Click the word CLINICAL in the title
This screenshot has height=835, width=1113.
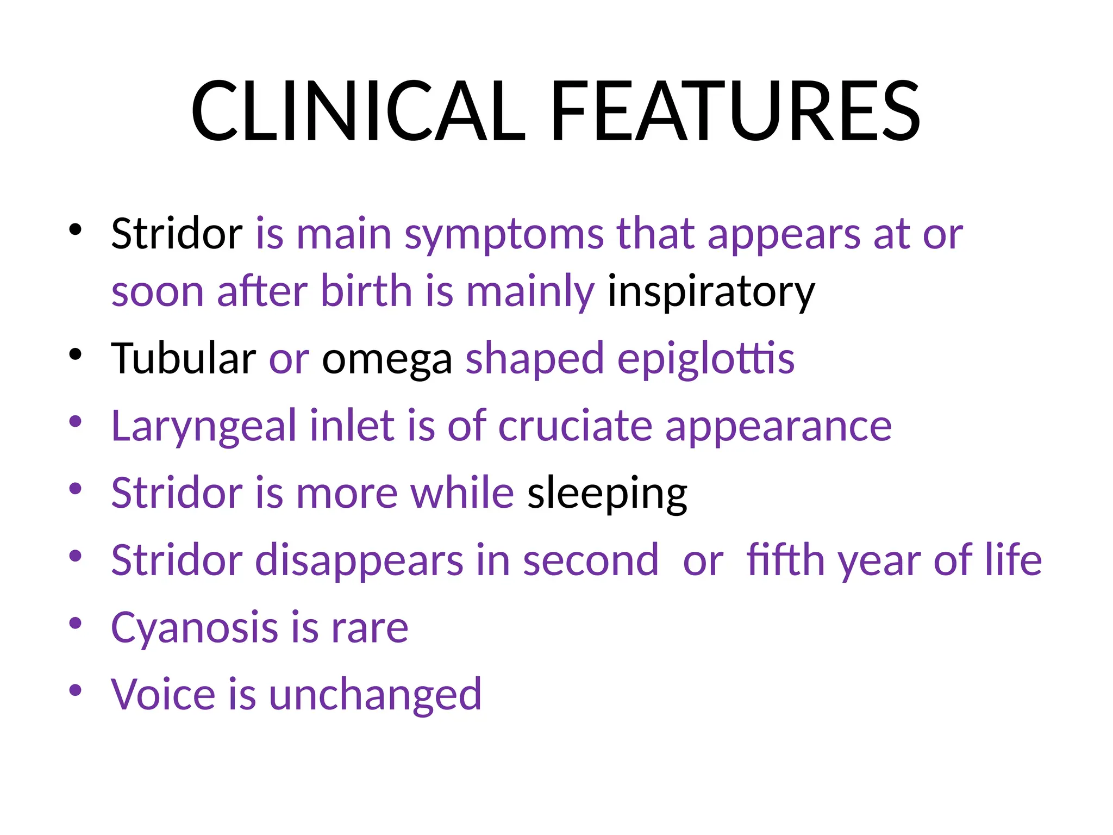358,111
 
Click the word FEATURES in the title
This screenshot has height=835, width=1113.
735,111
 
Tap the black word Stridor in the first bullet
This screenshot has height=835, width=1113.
177,234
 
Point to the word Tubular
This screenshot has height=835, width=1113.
183,358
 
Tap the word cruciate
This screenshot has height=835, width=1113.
574,426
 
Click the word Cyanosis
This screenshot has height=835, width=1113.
194,628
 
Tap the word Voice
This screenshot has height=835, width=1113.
163,695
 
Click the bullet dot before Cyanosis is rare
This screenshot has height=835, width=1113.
76,623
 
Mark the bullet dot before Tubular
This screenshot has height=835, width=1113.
76,354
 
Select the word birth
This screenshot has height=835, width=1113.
366,291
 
